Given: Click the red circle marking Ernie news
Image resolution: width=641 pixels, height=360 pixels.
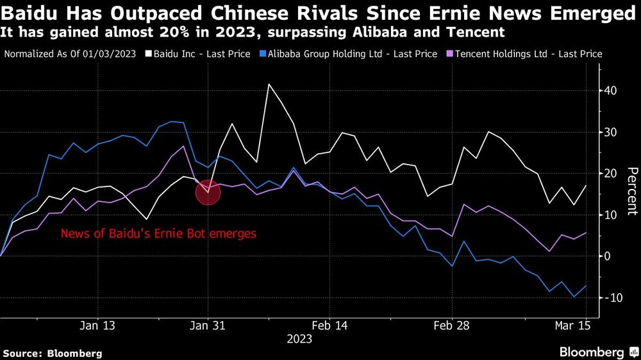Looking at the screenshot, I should click(x=208, y=192).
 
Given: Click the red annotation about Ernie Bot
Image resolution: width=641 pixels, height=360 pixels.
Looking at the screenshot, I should click(x=158, y=234).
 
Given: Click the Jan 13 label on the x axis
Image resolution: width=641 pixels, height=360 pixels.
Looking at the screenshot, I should click(x=99, y=325).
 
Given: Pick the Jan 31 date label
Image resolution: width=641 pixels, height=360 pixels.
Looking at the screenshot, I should click(x=208, y=325).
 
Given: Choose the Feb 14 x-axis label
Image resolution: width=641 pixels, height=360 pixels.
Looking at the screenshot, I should click(x=329, y=325).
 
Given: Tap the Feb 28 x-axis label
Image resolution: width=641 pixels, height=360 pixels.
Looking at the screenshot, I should click(x=452, y=325).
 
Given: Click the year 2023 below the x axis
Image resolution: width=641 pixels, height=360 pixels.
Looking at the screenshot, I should click(x=299, y=339).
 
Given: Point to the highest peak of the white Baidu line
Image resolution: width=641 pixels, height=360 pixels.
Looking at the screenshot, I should click(x=269, y=84).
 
